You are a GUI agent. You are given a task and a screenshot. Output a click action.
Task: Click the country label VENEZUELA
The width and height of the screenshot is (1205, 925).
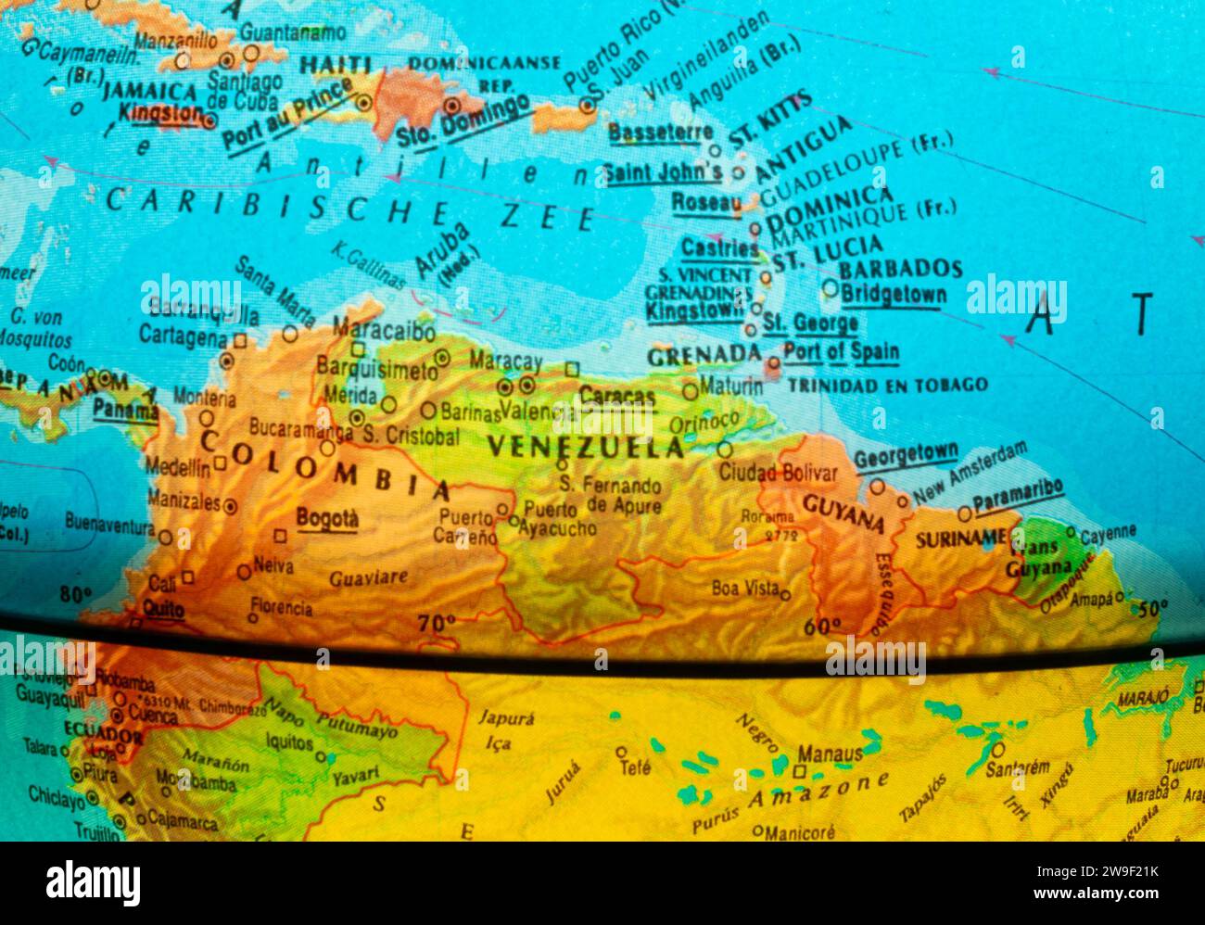pyautogui.click(x=586, y=448)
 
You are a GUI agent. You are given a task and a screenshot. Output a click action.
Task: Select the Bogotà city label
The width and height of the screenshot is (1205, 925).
pyautogui.click(x=326, y=519)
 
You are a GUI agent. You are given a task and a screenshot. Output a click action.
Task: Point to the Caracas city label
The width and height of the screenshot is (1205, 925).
pyautogui.click(x=616, y=397)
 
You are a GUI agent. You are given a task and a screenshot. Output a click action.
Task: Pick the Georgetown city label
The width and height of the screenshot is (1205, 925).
pyautogui.click(x=905, y=455)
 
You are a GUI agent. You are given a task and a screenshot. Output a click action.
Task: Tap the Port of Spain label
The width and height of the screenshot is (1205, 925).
pyautogui.click(x=841, y=352)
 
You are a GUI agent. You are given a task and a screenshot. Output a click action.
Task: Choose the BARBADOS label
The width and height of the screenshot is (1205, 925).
pyautogui.click(x=900, y=270)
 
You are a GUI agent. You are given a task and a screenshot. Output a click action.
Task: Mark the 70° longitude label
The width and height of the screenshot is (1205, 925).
pyautogui.click(x=437, y=623)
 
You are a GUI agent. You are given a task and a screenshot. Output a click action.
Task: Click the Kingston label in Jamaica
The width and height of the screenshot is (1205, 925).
pyautogui.click(x=160, y=113)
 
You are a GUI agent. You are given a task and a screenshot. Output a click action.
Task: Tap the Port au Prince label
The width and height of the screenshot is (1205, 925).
pyautogui.click(x=287, y=116)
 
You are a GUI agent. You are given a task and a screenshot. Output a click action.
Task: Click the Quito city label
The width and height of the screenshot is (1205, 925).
pyautogui.click(x=163, y=609)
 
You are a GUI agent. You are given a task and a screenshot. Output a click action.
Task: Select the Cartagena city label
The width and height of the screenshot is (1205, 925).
pyautogui.click(x=183, y=338)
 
